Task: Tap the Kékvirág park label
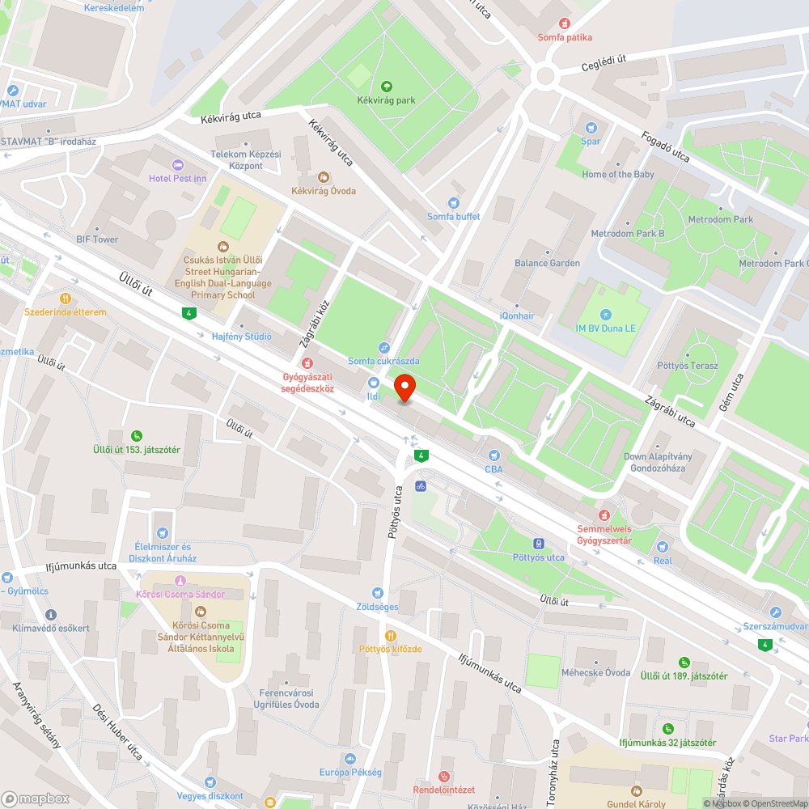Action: tap(386, 100)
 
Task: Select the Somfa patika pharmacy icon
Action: tap(565, 24)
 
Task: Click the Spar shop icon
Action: tap(591, 128)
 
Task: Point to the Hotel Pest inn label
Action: tap(177, 178)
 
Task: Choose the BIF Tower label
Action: tap(97, 239)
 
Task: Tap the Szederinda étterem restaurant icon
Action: tap(66, 298)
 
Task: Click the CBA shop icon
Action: tap(493, 455)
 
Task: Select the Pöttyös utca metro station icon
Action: tap(538, 544)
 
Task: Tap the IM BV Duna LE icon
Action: tap(607, 314)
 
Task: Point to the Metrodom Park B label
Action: tap(627, 234)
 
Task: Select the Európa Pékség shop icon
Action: tap(349, 759)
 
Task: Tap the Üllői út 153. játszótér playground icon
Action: tap(136, 435)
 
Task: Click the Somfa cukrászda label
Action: tap(383, 361)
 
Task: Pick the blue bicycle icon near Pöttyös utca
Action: tap(420, 486)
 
